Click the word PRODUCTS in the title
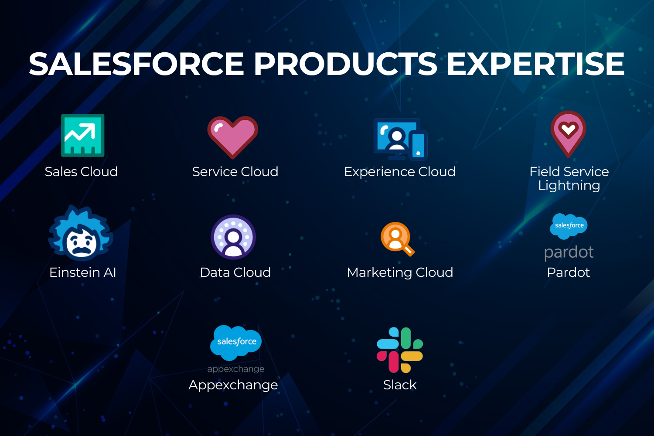point(346,64)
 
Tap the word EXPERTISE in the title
point(535,64)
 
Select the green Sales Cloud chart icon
point(83,136)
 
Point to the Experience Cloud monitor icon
point(400,139)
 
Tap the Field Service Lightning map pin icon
point(568,134)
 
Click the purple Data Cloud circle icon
point(233,237)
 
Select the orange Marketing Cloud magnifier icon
point(397,239)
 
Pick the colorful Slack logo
point(400,350)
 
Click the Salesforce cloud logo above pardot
point(569,226)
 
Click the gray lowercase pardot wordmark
point(569,252)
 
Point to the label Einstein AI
point(83,272)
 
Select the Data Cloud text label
point(235,272)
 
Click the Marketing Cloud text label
point(400,273)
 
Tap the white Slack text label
point(400,385)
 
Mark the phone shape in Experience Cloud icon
point(418,146)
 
